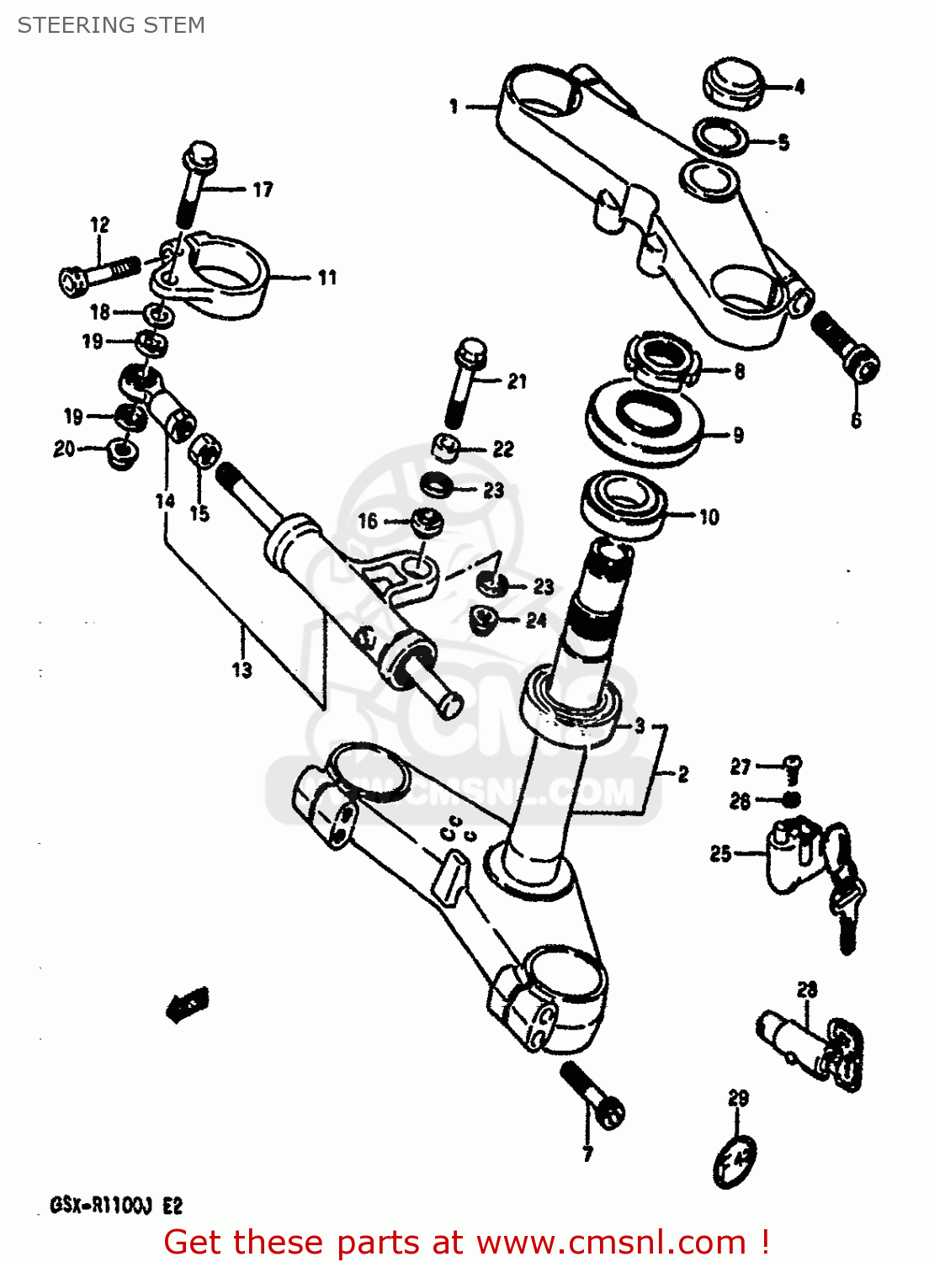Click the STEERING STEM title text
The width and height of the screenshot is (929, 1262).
(x=111, y=25)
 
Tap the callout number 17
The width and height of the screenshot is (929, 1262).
(x=263, y=190)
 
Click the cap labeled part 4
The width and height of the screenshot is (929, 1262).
(x=732, y=83)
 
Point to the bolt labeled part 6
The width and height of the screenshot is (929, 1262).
(x=847, y=347)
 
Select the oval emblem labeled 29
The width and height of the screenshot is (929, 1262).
(x=735, y=1162)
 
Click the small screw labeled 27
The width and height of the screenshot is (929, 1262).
(x=792, y=766)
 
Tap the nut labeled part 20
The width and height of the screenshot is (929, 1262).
(x=122, y=453)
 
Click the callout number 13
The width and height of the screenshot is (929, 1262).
(x=242, y=670)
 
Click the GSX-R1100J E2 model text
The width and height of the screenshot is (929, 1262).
(x=116, y=1206)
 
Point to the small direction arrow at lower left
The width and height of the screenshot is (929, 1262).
(x=188, y=1003)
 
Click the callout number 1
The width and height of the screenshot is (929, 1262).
(x=454, y=107)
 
